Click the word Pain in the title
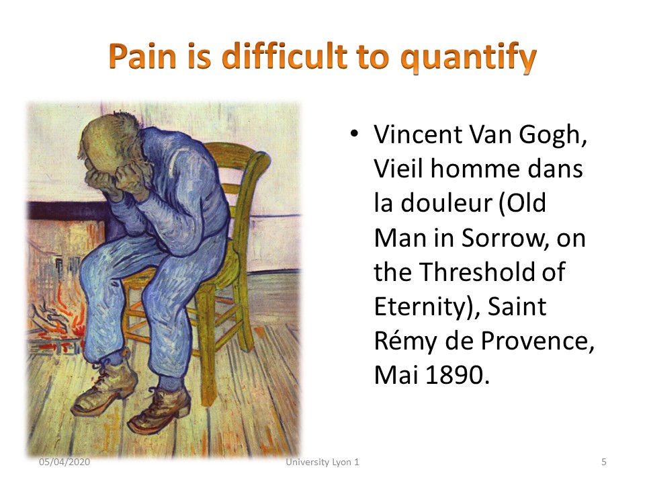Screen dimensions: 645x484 point(143,56)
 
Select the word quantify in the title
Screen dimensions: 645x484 point(469,58)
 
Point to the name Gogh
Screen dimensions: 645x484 point(552,135)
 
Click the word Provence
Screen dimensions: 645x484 point(537,341)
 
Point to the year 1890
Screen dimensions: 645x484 point(457,375)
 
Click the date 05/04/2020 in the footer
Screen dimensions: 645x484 point(64,462)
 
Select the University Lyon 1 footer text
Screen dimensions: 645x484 point(322,462)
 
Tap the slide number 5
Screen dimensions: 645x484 point(604,462)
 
